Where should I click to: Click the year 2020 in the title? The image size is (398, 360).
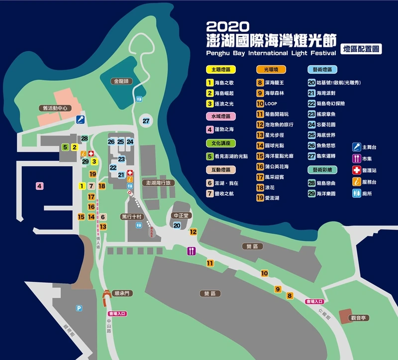coord(226,26)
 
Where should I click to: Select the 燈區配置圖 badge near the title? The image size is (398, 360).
coord(362,49)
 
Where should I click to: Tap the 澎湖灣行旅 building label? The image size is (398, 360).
coord(158,183)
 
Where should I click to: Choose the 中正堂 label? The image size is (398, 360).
coord(179,216)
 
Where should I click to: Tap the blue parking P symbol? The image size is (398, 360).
coord(79,308)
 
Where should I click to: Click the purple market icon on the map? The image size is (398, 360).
coord(191,251)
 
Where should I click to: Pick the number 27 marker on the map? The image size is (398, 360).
coord(146,121)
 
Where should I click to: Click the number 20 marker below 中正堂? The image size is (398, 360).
coord(177,225)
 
